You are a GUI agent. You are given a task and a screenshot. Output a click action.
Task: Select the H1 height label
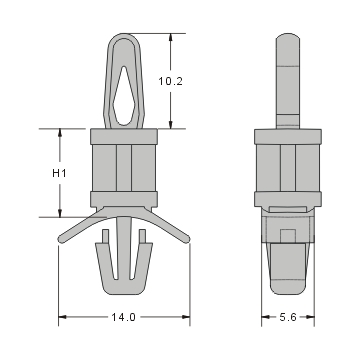coord(59,172)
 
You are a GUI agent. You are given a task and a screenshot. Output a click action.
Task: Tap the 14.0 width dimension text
coord(123,318)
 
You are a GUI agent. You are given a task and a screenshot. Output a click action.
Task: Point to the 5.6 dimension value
coord(286,318)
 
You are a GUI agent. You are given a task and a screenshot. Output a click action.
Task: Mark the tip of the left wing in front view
coord(59,239)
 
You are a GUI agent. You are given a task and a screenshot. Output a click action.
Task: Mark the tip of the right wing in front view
coord(188,239)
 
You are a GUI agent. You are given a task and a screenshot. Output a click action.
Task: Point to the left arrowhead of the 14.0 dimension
coord(63,318)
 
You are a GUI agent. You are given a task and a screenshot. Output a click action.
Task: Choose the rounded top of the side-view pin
coord(286,37)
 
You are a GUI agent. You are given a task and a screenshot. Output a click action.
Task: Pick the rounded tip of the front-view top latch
coord(123,37)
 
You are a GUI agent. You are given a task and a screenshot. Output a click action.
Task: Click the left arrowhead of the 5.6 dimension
coord(265,318)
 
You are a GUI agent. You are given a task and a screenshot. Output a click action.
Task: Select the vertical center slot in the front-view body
coord(123,172)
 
